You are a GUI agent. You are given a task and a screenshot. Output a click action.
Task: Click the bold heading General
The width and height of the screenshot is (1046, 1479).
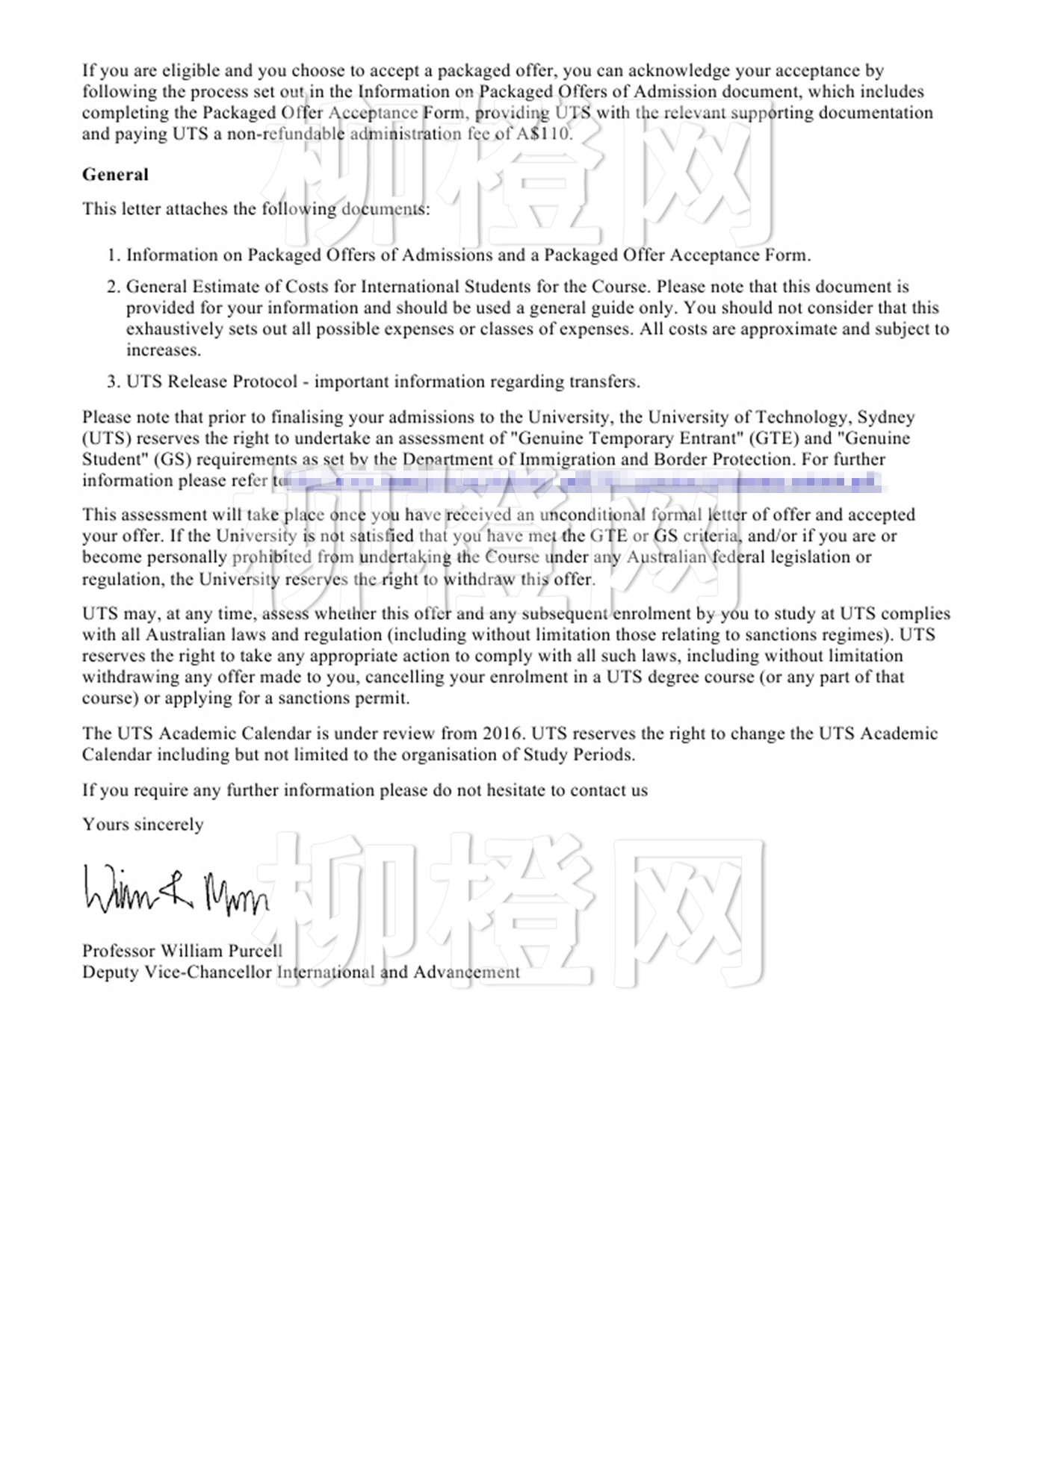115,175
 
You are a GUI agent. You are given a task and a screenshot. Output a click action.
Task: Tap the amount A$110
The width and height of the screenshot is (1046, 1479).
544,134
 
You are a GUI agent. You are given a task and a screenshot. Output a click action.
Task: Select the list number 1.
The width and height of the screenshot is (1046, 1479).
112,255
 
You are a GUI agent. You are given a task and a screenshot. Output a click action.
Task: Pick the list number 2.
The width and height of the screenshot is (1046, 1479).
112,287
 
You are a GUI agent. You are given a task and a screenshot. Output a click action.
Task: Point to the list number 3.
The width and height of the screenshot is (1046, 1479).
112,382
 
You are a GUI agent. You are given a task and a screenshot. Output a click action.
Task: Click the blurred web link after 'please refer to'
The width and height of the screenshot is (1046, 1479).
583,481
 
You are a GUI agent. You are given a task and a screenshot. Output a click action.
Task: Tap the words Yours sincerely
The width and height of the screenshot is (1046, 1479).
143,825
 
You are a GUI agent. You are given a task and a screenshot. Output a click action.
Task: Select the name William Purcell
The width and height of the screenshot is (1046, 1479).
221,951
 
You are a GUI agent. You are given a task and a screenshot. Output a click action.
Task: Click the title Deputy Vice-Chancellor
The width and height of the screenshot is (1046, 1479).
176,972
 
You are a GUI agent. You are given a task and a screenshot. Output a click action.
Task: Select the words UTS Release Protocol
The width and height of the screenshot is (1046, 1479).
211,382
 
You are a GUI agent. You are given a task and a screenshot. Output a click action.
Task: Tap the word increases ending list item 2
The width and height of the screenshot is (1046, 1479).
163,350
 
